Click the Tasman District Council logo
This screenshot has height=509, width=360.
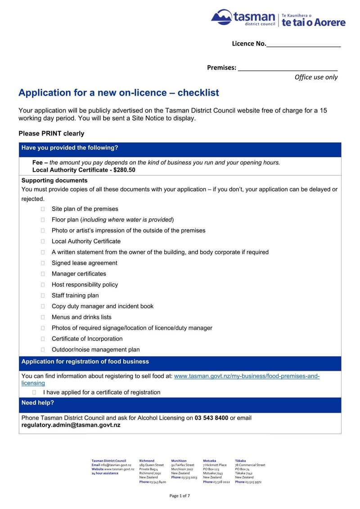point(278,18)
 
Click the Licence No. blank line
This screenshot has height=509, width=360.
point(304,44)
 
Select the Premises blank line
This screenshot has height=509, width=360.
point(288,68)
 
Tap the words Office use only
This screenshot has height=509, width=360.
point(316,77)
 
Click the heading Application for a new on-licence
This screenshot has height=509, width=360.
point(119,93)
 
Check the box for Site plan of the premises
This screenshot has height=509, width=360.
point(43,209)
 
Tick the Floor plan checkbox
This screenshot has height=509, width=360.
point(43,220)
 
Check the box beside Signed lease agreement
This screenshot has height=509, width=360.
point(43,263)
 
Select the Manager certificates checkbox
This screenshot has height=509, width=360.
point(43,274)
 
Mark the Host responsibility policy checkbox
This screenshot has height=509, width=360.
point(43,284)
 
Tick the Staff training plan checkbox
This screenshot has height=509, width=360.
point(43,295)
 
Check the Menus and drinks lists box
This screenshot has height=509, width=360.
point(43,317)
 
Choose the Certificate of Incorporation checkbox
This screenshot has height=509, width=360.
point(43,338)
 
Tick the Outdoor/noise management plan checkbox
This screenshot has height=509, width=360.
point(43,350)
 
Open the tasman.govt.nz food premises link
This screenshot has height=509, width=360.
point(247,376)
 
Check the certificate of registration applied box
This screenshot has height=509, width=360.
point(34,392)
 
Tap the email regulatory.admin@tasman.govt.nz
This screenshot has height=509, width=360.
point(71,425)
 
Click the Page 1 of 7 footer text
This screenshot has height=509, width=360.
point(180,495)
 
